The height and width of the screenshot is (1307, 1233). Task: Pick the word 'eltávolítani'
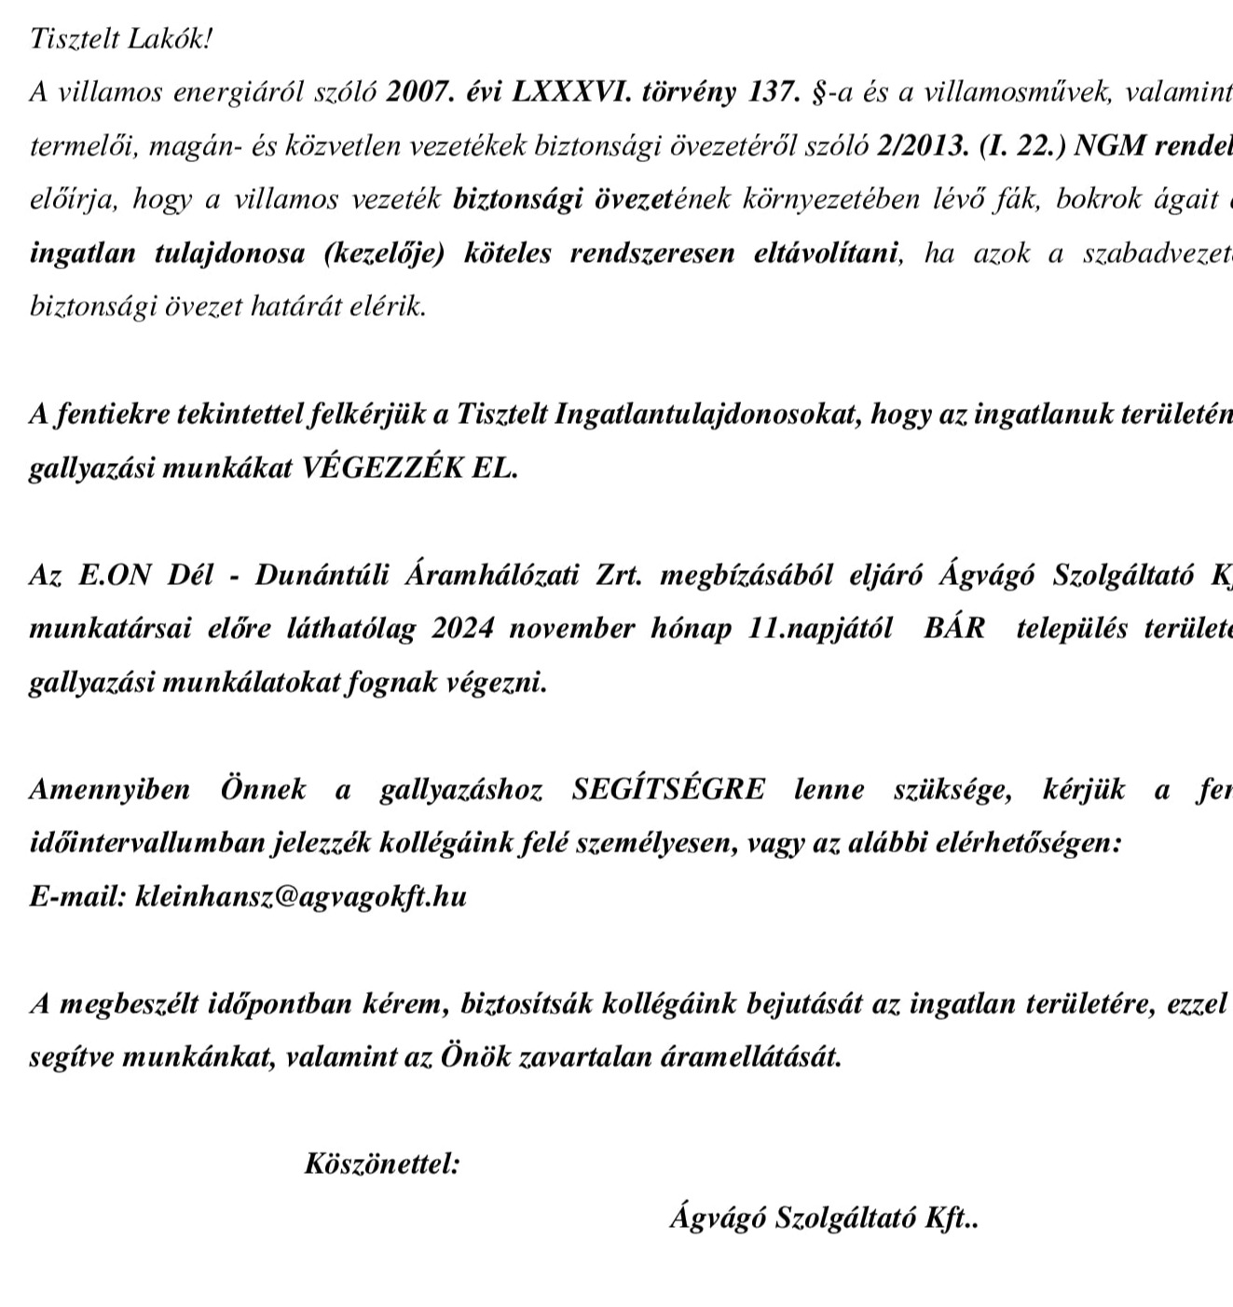click(x=828, y=253)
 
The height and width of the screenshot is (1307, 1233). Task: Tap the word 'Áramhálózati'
click(x=484, y=575)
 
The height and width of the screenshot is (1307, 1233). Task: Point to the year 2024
click(x=460, y=628)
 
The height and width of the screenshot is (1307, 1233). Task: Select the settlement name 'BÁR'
click(x=953, y=628)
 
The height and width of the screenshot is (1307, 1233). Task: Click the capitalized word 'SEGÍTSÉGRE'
click(x=668, y=789)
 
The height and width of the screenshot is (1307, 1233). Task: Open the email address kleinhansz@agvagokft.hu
click(x=301, y=896)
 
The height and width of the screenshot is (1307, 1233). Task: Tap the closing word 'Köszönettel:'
click(x=382, y=1164)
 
